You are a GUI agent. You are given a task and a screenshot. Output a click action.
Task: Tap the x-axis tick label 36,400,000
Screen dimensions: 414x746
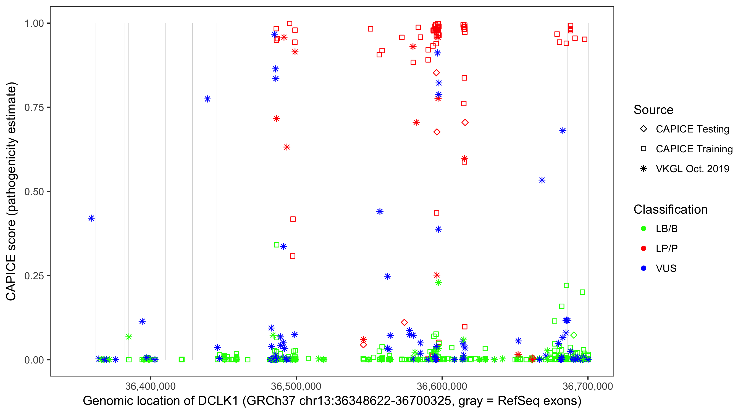coord(150,386)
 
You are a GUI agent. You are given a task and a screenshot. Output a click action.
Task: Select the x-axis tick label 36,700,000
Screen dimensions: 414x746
coord(588,386)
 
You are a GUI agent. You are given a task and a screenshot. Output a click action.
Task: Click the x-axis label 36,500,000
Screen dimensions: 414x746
coord(296,386)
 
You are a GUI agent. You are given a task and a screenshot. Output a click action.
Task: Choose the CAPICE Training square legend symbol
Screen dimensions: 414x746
coord(643,149)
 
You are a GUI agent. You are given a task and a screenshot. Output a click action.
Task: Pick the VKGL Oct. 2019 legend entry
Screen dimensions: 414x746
coord(692,169)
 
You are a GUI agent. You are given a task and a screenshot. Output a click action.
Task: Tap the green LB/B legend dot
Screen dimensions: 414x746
coord(643,229)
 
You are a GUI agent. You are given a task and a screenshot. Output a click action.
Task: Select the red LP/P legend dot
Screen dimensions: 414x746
coord(643,248)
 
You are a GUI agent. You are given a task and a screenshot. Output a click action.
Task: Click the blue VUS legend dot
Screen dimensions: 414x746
coord(643,268)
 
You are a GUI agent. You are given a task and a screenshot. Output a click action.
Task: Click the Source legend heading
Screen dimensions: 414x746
coord(653,110)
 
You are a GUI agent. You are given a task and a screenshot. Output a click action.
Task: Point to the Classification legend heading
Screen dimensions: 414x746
coord(670,209)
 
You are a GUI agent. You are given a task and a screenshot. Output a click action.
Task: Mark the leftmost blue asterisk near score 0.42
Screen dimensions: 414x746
coord(91,218)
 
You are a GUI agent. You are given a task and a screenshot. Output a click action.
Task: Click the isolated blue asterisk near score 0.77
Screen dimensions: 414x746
coord(207,99)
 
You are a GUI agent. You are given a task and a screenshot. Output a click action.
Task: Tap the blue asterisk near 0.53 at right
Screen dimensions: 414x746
coord(542,180)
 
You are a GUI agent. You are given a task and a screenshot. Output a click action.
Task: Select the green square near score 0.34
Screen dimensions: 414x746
coord(277,245)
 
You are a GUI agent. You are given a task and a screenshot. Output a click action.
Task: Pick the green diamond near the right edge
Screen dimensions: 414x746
coord(574,335)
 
